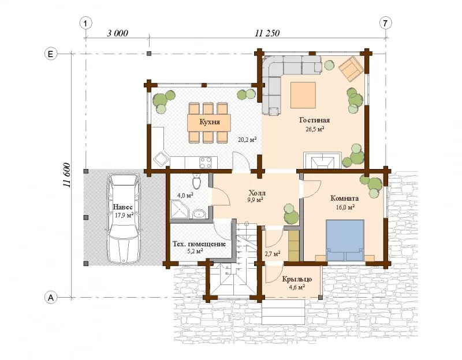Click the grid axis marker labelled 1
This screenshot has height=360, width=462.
[85, 23]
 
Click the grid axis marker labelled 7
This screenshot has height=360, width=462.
[385, 23]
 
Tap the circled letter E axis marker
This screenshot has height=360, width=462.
[51, 54]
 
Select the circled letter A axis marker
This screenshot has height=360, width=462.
[51, 298]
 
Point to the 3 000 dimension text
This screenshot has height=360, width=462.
[117, 33]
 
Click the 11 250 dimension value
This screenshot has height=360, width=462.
[267, 33]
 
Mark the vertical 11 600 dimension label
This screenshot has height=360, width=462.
[66, 175]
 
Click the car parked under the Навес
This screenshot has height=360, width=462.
[124, 218]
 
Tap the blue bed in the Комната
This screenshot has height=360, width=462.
[345, 240]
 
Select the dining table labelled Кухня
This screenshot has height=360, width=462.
[209, 122]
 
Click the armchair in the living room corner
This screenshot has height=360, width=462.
[351, 69]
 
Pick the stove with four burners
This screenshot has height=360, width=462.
[206, 162]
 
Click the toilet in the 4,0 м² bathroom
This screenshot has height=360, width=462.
[196, 181]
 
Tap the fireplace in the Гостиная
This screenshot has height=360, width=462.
[322, 160]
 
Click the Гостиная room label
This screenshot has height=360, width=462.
[314, 121]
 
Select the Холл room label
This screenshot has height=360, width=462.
[257, 193]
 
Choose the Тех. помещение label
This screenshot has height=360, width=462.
[199, 244]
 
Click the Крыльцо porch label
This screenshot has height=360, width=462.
[297, 279]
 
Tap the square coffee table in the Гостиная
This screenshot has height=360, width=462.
[303, 95]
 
